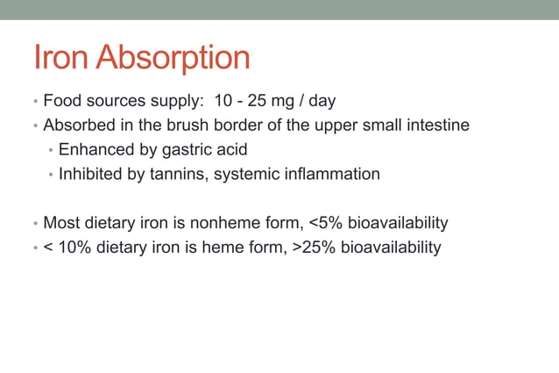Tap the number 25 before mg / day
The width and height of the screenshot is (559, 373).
(267, 101)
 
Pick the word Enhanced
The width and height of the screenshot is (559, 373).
(95, 150)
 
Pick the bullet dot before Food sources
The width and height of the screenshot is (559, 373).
(36, 102)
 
